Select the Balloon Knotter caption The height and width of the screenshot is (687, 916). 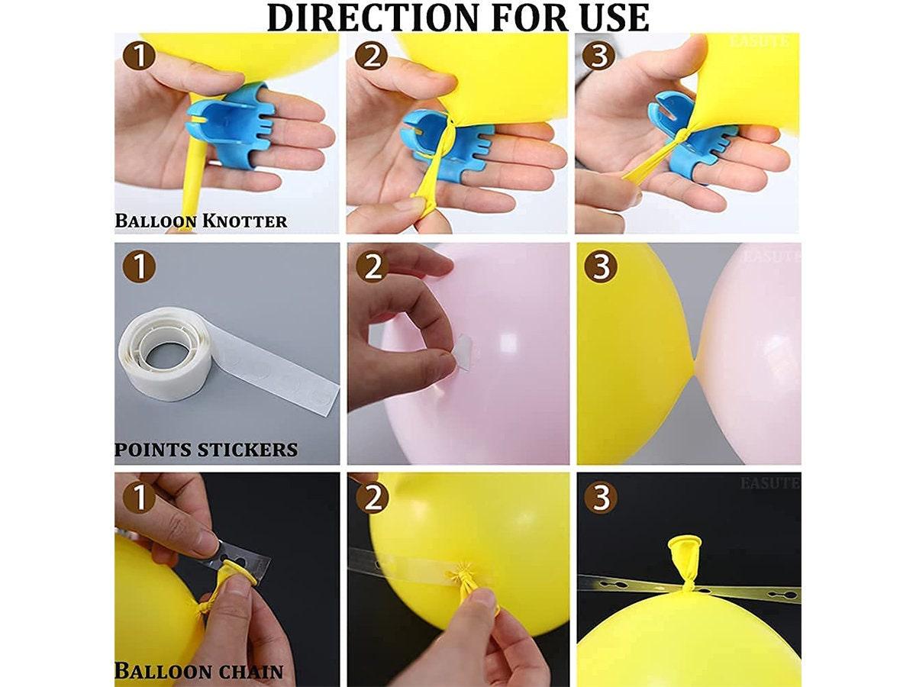click(201, 221)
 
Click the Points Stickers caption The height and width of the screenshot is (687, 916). click(206, 449)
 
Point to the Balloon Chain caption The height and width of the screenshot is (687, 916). click(199, 672)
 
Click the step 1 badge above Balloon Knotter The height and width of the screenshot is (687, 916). click(140, 56)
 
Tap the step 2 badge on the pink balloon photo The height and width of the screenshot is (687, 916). click(372, 266)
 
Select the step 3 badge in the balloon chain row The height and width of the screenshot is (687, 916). click(601, 498)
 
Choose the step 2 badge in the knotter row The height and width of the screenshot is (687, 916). click(371, 56)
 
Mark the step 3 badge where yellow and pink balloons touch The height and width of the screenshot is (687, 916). click(601, 266)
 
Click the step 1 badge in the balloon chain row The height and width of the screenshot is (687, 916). click(140, 498)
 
